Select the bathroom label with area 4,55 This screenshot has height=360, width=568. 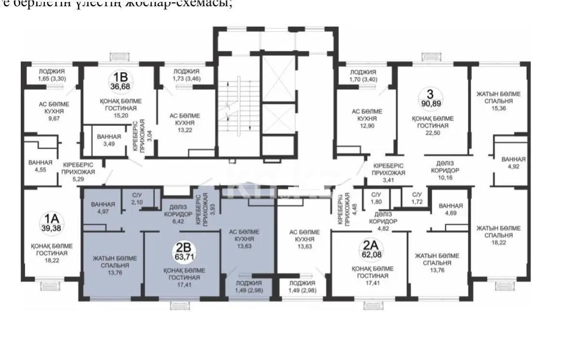pos(40,170)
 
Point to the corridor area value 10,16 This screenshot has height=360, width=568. pos(445,178)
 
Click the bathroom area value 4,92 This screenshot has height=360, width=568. pos(513,167)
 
